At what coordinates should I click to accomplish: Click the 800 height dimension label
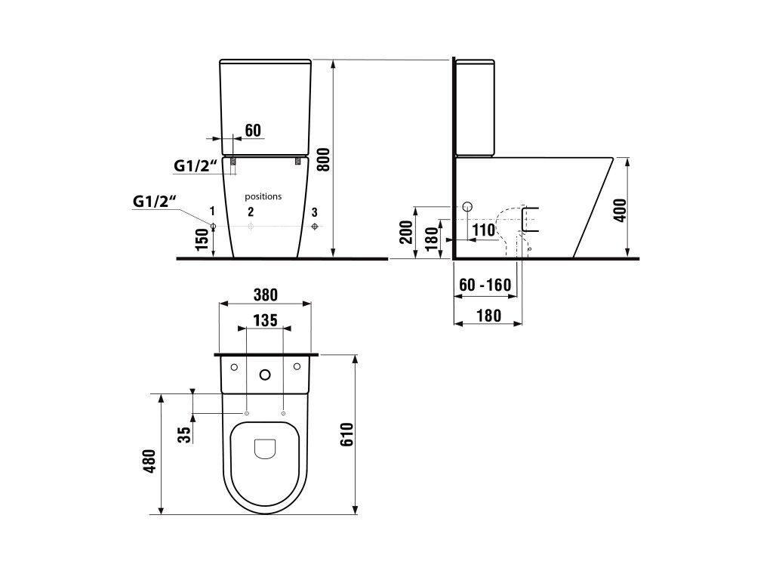pos(323,159)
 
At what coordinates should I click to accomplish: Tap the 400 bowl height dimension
pos(621,210)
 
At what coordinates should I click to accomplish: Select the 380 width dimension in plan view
pos(265,295)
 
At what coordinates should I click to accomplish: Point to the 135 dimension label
pos(265,320)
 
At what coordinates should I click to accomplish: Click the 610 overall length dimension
pos(347,434)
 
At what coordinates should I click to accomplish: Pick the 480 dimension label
pos(150,461)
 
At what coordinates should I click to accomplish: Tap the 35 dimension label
pos(184,435)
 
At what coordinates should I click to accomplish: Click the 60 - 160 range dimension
pos(485,285)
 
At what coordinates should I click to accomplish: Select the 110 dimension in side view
pos(483,230)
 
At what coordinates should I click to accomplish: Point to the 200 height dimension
pos(406,232)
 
